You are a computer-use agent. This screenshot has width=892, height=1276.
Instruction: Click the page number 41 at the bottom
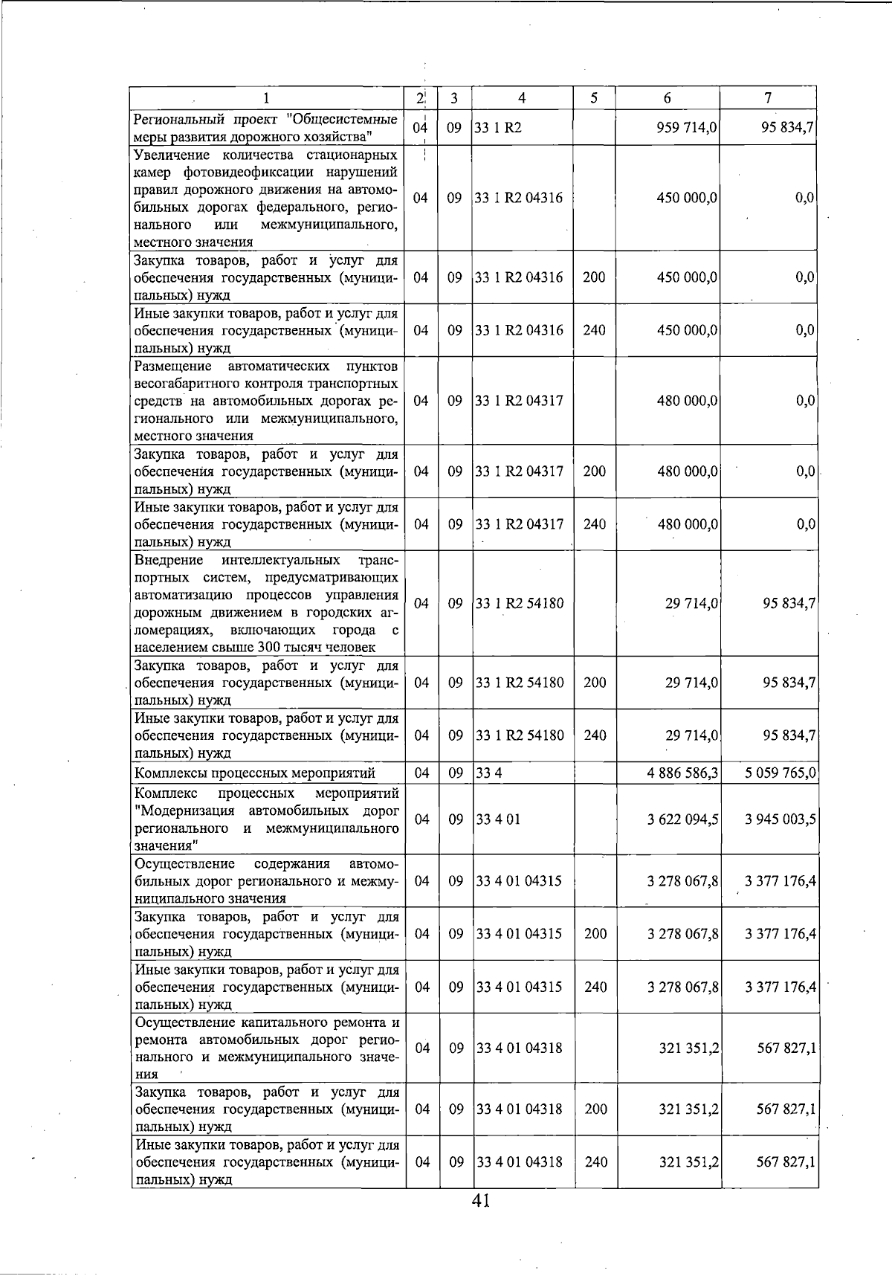tap(480, 1200)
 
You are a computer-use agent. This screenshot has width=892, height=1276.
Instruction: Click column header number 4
tap(522, 98)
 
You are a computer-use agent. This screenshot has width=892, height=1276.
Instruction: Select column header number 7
tap(768, 98)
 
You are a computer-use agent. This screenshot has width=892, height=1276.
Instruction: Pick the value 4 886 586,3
tap(682, 773)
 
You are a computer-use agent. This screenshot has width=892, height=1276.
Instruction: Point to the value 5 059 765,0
tap(780, 773)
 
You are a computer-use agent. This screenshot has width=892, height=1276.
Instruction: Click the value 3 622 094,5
tap(682, 819)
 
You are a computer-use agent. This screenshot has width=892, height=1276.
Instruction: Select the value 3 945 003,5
tap(780, 819)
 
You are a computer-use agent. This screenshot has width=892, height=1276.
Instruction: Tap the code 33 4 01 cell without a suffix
tap(498, 819)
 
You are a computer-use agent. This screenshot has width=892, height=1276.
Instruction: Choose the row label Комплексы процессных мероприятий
tap(254, 773)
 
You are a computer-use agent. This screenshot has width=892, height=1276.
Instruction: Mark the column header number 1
tap(266, 98)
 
